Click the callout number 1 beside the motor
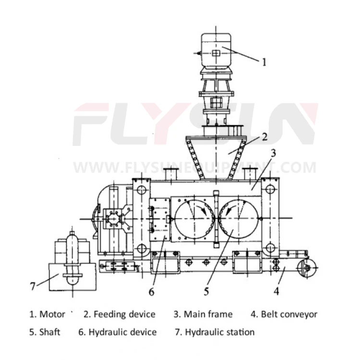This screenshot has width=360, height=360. coord(264,61)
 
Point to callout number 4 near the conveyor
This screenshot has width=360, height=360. coord(276,290)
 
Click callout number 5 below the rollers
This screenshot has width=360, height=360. coord(206,290)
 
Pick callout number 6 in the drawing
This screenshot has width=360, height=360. coord(151,290)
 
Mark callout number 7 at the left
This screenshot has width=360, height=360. coord(32,287)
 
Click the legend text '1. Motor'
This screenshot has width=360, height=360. coord(47,314)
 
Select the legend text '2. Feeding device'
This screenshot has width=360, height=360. coord(120,314)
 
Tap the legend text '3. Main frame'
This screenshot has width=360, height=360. coord(203,314)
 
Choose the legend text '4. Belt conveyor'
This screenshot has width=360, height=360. coord(284,314)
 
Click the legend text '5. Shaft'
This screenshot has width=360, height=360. coord(45,332)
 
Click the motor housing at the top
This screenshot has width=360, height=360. coord(216,50)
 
